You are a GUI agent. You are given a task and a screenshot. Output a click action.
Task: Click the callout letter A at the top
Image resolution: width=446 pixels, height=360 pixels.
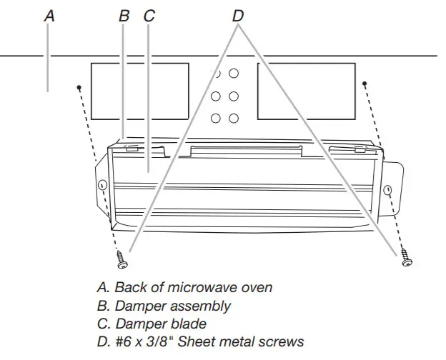pos(48,15)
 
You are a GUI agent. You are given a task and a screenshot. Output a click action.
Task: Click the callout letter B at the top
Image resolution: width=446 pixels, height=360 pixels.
pos(123,15)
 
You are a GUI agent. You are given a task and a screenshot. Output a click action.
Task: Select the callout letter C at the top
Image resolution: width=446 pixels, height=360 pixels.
pos(149,15)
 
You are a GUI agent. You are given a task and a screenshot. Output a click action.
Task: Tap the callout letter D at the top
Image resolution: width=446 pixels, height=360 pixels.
pos(238,15)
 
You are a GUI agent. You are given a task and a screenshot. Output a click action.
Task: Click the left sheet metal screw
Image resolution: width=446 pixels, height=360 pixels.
pos(122,259)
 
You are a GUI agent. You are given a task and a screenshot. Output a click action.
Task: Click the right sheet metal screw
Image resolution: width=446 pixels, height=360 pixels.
pos(406,256)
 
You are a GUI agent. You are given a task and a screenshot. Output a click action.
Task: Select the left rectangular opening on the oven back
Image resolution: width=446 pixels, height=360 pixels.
pos(140,91)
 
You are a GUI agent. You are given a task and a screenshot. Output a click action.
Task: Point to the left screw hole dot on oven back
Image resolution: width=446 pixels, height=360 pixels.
pos(78,87)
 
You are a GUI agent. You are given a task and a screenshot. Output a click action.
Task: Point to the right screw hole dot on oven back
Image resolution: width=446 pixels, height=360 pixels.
pos(365,84)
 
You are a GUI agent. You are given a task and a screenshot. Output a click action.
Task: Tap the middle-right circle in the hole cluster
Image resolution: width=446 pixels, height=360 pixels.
pos(234,96)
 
